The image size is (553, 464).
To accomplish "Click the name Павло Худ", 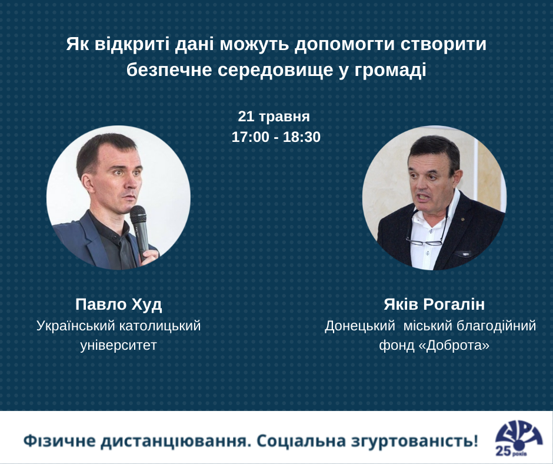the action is (x=118, y=304).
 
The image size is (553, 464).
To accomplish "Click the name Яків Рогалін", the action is (x=434, y=304).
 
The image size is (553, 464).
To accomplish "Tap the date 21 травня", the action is (x=274, y=117).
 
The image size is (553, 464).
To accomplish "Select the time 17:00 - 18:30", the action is (x=276, y=137).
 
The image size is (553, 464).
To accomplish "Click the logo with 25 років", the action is (x=518, y=438).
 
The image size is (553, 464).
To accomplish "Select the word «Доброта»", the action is (x=454, y=345).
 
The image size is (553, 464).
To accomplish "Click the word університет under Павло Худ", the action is (x=118, y=345).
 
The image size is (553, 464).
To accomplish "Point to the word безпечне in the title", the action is (x=169, y=69).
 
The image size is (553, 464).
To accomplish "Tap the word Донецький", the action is (x=359, y=326).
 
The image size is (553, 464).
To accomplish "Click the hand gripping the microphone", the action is (x=151, y=257).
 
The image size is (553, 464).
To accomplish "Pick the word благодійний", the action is (x=496, y=326).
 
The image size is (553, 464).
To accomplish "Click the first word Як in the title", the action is (x=78, y=45).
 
